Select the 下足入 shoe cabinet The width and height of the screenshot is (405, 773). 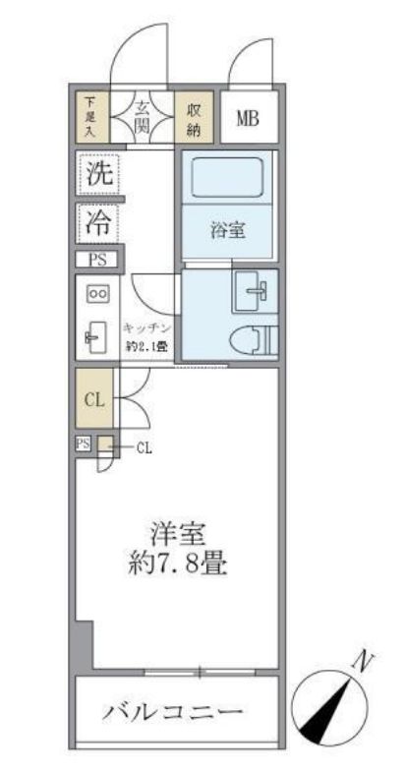pos(91,117)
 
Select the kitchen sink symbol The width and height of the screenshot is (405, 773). pos(96,338)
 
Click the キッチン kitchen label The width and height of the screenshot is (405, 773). pos(148,328)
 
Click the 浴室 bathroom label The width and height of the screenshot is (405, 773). pos(227,232)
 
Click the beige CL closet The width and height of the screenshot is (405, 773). pos(93,398)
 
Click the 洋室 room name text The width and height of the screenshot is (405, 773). pos(177,535)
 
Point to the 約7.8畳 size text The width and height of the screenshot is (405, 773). pos(177,566)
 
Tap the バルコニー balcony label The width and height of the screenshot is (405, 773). pos(173,712)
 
